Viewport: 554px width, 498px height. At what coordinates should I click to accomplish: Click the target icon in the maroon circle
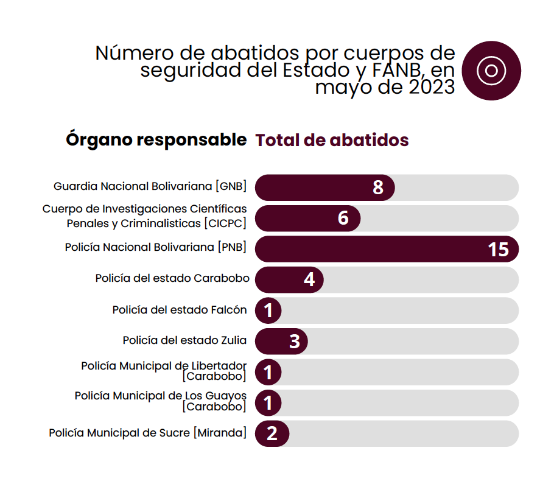click(x=491, y=71)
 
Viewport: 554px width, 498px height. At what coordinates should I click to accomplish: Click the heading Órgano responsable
click(x=156, y=139)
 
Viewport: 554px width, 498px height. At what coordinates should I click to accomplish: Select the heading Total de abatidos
click(x=332, y=140)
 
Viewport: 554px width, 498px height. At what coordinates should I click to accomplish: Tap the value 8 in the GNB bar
click(x=378, y=188)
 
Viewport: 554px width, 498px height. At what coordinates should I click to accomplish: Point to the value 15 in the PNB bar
click(x=498, y=249)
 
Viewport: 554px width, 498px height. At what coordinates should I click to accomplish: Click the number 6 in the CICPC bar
click(x=343, y=218)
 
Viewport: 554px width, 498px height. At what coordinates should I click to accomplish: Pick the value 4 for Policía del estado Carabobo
click(x=309, y=279)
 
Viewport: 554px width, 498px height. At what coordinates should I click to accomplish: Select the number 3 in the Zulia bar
click(x=295, y=341)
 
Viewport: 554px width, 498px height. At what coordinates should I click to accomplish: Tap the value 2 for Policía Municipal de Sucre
click(x=272, y=433)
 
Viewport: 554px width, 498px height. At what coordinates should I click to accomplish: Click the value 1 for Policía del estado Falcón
click(x=268, y=310)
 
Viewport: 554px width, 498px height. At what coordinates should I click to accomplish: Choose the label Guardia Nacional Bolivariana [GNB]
click(x=150, y=186)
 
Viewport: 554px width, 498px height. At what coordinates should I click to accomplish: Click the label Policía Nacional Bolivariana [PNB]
click(x=156, y=248)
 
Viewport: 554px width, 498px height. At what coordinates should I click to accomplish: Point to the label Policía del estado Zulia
click(x=184, y=340)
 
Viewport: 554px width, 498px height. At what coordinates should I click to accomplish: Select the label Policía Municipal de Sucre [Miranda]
click(x=148, y=433)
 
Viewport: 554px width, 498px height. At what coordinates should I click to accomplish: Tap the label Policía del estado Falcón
click(x=180, y=310)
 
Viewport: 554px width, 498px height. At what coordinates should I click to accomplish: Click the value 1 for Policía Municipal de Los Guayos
click(x=268, y=402)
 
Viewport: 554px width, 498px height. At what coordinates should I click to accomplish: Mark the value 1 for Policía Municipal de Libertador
click(x=268, y=372)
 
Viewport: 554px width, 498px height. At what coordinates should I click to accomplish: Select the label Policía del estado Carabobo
click(x=172, y=278)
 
